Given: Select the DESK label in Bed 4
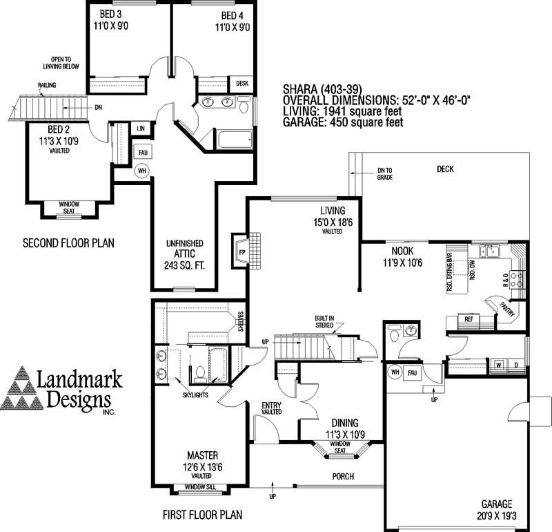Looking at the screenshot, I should [241, 84].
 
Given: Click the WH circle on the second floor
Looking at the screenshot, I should [141, 169].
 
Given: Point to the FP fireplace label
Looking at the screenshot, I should [242, 253].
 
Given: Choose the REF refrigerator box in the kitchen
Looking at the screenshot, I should [469, 319].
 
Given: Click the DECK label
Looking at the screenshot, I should [445, 169].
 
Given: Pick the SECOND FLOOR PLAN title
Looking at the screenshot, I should [68, 243].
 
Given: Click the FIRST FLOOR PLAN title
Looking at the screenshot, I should [202, 515].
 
